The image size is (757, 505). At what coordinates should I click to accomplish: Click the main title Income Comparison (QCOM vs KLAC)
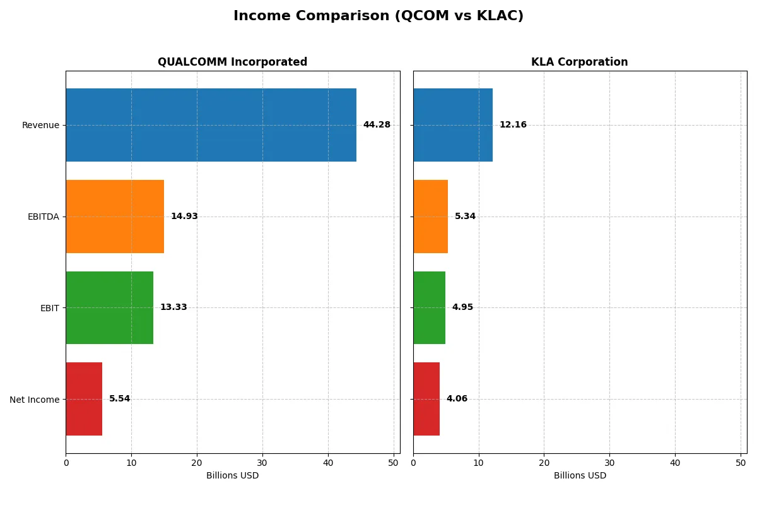[378, 16]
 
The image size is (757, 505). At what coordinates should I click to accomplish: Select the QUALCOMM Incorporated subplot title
[232, 62]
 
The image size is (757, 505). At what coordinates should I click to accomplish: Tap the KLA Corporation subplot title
[579, 62]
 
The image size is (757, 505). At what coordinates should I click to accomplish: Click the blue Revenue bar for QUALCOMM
[211, 125]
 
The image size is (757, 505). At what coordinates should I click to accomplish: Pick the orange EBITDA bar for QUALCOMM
[115, 217]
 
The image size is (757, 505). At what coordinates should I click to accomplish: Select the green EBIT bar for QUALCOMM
[109, 307]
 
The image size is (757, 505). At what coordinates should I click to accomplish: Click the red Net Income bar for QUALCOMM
[84, 399]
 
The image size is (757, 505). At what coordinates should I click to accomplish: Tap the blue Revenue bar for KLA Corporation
[453, 125]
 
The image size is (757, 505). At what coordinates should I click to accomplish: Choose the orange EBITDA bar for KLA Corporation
[430, 217]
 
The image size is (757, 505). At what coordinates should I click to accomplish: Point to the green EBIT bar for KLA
[429, 307]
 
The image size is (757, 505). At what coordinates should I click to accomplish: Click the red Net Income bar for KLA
[426, 399]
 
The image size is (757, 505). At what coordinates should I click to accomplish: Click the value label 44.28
[377, 125]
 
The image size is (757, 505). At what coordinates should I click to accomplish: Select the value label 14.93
[184, 217]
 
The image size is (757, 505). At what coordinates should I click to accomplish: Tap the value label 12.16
[513, 125]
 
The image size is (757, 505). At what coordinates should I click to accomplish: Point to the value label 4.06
[457, 399]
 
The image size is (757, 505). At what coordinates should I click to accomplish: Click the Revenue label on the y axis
[40, 125]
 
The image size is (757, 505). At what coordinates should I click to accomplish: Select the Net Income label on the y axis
[35, 399]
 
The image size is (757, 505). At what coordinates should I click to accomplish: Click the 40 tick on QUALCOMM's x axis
[328, 463]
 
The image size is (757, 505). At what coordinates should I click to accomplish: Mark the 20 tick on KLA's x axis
[544, 463]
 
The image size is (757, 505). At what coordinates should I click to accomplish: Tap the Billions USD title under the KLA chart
[580, 475]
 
